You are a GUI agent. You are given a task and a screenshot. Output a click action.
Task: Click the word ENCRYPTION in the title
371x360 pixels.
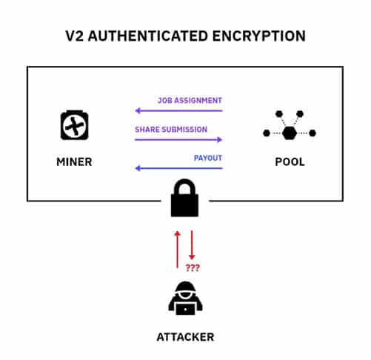[x=259, y=36]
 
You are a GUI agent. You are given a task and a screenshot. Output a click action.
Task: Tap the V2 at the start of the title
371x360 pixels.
[x=75, y=36]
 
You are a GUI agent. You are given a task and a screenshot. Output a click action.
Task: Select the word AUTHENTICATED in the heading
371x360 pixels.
[x=148, y=36]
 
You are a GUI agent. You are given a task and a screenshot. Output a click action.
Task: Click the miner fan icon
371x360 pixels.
[x=75, y=125]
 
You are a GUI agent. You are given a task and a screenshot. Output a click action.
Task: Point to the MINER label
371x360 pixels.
[x=74, y=162]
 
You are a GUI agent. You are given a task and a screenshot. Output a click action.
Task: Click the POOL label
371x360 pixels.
[x=290, y=162]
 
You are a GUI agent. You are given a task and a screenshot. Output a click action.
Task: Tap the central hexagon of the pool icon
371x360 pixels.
[x=290, y=133]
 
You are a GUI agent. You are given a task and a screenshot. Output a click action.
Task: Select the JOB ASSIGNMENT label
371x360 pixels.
[x=190, y=101]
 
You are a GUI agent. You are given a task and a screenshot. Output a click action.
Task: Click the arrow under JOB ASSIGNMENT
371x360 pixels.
[x=179, y=110]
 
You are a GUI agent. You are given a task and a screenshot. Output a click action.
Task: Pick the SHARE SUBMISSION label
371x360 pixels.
[x=171, y=130]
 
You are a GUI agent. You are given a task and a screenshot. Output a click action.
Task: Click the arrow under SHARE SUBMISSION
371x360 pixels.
[x=178, y=140]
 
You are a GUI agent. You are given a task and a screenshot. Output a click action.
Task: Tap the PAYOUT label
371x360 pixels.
[x=208, y=158]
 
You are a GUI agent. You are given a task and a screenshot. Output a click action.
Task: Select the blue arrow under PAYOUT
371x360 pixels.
[x=179, y=168]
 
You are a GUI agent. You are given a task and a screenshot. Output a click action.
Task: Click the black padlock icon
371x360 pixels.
[x=184, y=198]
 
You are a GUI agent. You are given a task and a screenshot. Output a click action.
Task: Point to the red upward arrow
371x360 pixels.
[x=177, y=250]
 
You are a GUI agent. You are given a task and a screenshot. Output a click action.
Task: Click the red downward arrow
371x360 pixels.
[x=192, y=245]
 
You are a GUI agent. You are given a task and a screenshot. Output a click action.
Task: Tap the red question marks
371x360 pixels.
[x=193, y=267]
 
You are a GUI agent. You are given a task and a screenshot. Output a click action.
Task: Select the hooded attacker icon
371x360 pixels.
[x=185, y=298]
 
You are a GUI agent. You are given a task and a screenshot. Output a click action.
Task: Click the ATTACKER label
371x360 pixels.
[x=185, y=337]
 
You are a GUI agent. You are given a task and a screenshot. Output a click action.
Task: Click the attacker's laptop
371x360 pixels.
[x=185, y=309]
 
